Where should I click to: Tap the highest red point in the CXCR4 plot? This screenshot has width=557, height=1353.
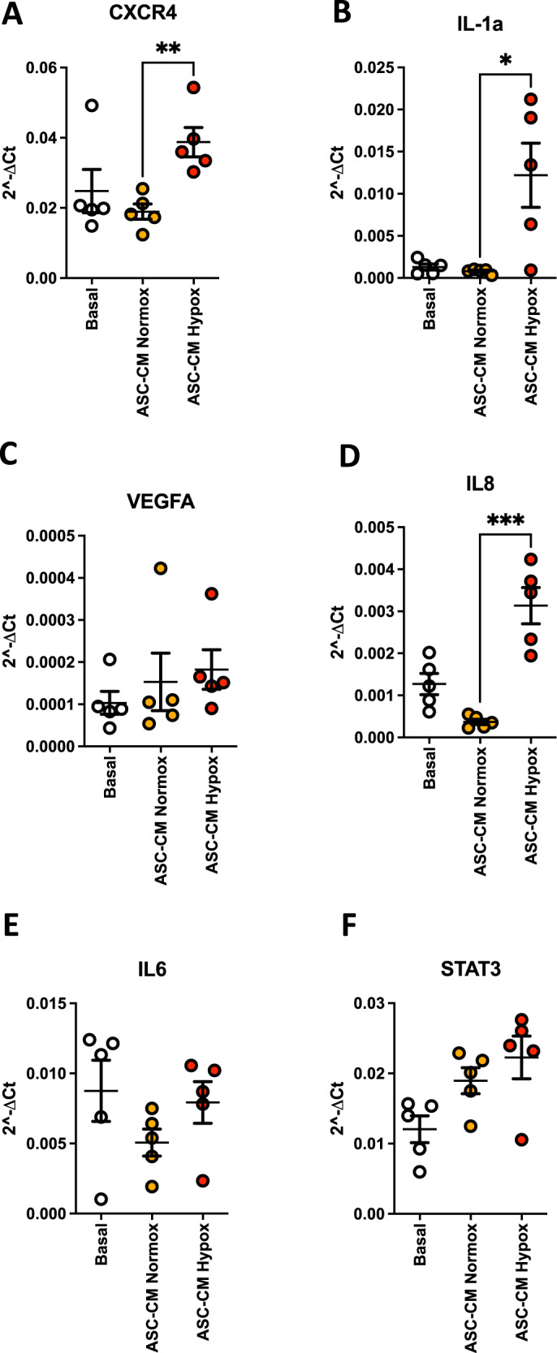(x=193, y=88)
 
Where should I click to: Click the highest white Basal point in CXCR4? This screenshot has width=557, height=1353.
(x=92, y=106)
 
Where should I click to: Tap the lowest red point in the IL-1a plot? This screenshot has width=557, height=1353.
(x=530, y=270)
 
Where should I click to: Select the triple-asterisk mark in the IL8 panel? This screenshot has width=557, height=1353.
(x=504, y=520)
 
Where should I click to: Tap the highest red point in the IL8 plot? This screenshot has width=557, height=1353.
(x=530, y=559)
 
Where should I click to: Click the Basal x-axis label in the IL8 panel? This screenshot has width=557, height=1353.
(x=430, y=769)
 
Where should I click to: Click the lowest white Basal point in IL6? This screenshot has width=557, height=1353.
(x=100, y=1200)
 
